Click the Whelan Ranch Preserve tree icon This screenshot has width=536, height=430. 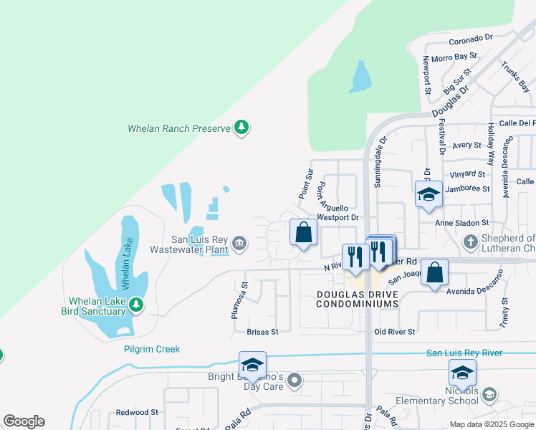[x=242, y=128]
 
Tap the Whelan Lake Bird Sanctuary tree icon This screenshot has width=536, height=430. [x=136, y=306]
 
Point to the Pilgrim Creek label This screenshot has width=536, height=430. [x=151, y=349]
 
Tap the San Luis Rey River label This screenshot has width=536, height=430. [x=464, y=353]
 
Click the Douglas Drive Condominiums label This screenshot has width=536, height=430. [x=357, y=299]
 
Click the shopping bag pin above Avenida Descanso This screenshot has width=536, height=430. [x=434, y=272]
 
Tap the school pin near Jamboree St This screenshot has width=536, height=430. [x=429, y=194]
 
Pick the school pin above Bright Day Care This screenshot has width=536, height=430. [x=252, y=364]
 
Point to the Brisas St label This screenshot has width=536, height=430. [x=262, y=332]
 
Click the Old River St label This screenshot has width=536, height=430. [x=395, y=332]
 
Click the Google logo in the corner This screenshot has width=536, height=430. [x=24, y=421]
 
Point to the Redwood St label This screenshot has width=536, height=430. [x=138, y=413]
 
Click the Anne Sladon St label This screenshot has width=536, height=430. [x=462, y=223]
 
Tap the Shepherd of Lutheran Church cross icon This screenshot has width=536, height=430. [x=471, y=241]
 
